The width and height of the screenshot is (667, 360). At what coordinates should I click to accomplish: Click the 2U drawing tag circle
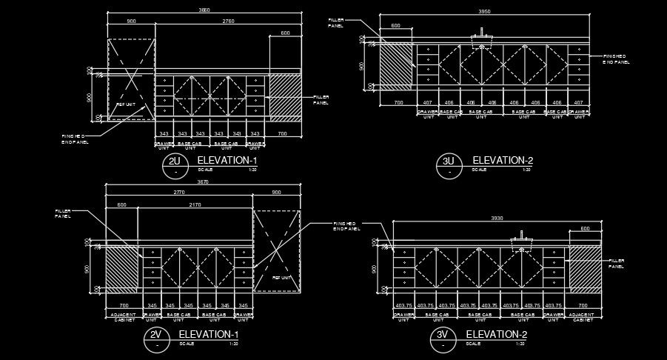pyautogui.click(x=174, y=164)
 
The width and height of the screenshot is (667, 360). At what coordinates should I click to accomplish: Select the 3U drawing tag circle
pyautogui.click(x=449, y=164)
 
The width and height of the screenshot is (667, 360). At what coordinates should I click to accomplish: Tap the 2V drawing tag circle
pyautogui.click(x=155, y=338)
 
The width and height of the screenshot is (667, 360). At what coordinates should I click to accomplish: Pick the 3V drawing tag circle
pyautogui.click(x=443, y=338)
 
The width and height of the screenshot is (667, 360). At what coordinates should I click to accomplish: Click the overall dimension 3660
pyautogui.click(x=204, y=10)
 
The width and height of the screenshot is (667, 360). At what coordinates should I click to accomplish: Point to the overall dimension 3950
pyautogui.click(x=484, y=12)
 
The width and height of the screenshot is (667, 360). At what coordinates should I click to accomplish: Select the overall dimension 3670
pyautogui.click(x=203, y=182)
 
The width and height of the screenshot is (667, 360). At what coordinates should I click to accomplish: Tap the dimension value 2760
pyautogui.click(x=228, y=21)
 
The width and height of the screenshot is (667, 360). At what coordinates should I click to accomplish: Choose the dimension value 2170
pyautogui.click(x=195, y=204)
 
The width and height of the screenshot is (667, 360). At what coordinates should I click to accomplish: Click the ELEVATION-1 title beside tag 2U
pyautogui.click(x=227, y=160)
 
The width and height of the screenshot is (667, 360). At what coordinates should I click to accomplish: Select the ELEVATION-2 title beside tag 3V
pyautogui.click(x=496, y=334)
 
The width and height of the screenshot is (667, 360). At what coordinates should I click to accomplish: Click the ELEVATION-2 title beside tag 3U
pyautogui.click(x=503, y=160)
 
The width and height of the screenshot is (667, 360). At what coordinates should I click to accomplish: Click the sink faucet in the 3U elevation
pyautogui.click(x=483, y=34)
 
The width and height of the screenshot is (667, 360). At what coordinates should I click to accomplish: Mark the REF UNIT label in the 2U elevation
pyautogui.click(x=126, y=104)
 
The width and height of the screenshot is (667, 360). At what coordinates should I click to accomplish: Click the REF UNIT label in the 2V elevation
pyautogui.click(x=282, y=278)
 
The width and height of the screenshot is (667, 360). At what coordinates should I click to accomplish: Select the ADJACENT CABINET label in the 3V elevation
pyautogui.click(x=583, y=317)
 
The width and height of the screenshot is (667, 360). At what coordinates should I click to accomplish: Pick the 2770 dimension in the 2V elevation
pyautogui.click(x=178, y=193)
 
